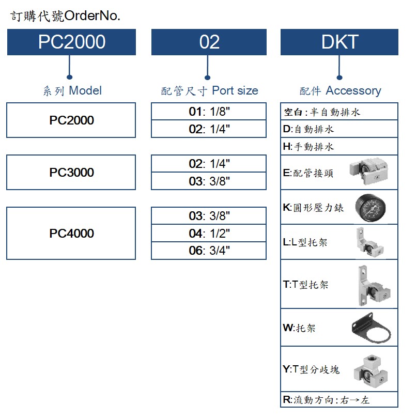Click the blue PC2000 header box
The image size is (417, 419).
pyautogui.click(x=71, y=42)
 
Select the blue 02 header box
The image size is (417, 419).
pyautogui.click(x=209, y=42)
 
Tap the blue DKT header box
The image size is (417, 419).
pyautogui.click(x=339, y=42)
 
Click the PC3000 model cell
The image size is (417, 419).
pyautogui.click(x=71, y=173)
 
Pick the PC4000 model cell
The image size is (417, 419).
pyautogui.click(x=71, y=233)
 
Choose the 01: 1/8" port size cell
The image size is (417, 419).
pyautogui.click(x=209, y=111)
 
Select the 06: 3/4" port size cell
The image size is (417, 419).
pyautogui.click(x=209, y=251)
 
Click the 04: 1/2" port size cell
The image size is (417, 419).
pyautogui.click(x=209, y=233)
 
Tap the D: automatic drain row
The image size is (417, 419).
pyautogui.click(x=339, y=129)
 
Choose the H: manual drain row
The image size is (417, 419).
pyautogui.click(x=339, y=146)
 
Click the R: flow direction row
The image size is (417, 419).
pyautogui.click(x=339, y=400)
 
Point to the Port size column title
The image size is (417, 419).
pyautogui.click(x=209, y=91)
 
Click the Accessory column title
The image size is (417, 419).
pyautogui.click(x=340, y=91)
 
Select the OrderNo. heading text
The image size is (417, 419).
pyautogui.click(x=66, y=16)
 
